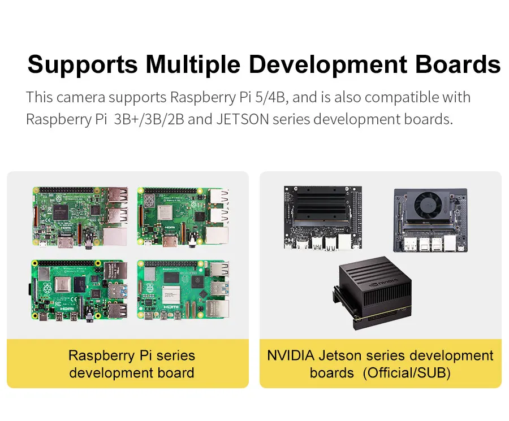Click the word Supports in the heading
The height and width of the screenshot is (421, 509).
coord(83,64)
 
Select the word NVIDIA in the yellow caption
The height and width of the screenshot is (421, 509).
coord(290,356)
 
